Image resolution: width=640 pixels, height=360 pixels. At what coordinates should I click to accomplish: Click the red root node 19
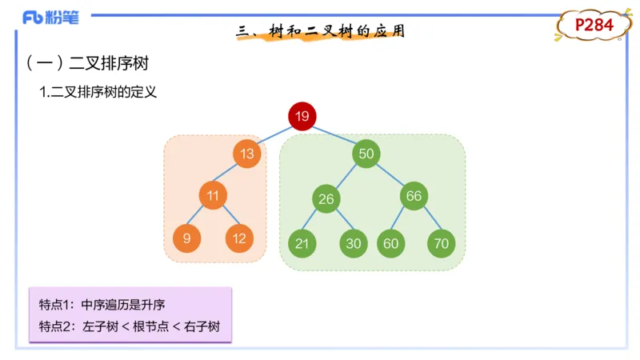click(x=302, y=117)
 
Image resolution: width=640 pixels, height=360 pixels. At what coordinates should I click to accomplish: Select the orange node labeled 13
click(x=248, y=154)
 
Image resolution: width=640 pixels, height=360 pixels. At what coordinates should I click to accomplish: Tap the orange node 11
click(x=213, y=194)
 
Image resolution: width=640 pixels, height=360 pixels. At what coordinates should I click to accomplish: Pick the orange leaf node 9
click(x=186, y=238)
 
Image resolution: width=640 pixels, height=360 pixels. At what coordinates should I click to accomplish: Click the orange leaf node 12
click(x=239, y=238)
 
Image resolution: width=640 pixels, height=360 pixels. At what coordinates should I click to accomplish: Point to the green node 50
click(x=366, y=154)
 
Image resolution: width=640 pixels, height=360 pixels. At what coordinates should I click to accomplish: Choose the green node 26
click(x=326, y=199)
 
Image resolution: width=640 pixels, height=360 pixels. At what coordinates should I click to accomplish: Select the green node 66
click(x=414, y=195)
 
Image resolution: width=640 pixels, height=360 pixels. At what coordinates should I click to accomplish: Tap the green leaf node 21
click(x=302, y=243)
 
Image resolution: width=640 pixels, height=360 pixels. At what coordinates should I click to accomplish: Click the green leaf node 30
click(x=353, y=243)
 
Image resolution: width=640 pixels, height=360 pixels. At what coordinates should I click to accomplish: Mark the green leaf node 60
click(x=390, y=243)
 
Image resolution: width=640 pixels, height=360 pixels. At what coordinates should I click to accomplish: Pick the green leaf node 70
click(x=441, y=243)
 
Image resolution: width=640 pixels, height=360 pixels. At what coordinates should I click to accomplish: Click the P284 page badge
click(x=594, y=26)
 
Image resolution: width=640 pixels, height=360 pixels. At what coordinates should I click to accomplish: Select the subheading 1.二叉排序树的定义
click(x=98, y=93)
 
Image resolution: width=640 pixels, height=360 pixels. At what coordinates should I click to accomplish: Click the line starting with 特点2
click(x=128, y=326)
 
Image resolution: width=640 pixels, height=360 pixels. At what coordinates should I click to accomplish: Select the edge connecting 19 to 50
click(x=334, y=135)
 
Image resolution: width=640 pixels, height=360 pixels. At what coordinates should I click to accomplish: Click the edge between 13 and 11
click(x=230, y=174)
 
